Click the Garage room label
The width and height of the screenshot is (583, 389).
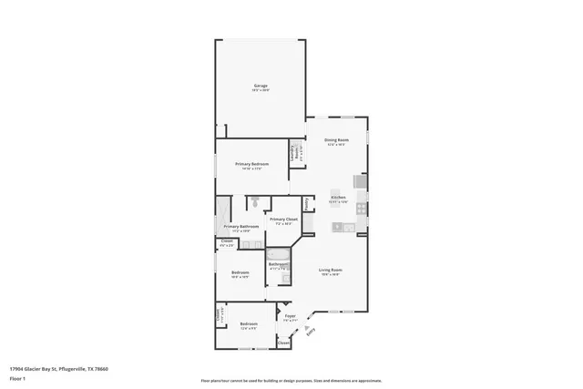pos(261,87)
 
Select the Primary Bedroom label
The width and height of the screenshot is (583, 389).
pos(249,165)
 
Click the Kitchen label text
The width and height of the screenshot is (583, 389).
pos(337,199)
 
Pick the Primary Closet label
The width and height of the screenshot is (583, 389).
pos(284,220)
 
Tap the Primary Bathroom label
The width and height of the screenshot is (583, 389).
pos(241,227)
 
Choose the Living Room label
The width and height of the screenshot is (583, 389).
pos(330,271)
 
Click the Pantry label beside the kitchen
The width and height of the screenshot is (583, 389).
pos(307,202)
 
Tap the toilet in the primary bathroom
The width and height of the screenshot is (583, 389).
pos(258,202)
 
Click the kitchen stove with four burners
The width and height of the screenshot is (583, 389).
pos(362,207)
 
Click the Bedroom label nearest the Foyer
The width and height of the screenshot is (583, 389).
pos(249,324)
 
